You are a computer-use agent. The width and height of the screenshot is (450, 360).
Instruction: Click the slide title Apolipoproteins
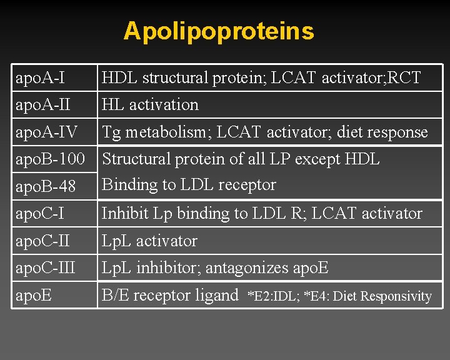(219, 31)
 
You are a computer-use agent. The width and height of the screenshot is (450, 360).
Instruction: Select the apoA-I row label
(41, 78)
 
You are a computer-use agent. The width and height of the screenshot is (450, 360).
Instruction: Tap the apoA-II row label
(43, 104)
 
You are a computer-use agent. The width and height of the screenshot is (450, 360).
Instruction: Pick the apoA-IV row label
(46, 132)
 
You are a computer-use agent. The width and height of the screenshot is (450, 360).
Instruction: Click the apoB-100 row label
(50, 159)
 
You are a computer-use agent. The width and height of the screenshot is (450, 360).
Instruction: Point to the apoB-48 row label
(46, 186)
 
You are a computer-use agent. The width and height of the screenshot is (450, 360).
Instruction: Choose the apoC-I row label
(41, 214)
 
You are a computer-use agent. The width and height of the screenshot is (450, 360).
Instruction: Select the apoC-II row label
(43, 241)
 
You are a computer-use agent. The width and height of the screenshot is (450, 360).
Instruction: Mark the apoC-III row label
(46, 268)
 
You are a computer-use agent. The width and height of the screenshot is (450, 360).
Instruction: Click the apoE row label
(33, 295)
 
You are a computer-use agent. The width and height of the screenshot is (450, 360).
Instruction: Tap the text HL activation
(150, 104)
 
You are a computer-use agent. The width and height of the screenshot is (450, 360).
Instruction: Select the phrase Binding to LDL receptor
(189, 185)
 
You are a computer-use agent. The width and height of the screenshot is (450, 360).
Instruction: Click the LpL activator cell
(149, 241)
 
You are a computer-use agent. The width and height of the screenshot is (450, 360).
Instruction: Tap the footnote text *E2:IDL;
(274, 296)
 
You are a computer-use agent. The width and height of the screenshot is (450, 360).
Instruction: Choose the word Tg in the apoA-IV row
(111, 132)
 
